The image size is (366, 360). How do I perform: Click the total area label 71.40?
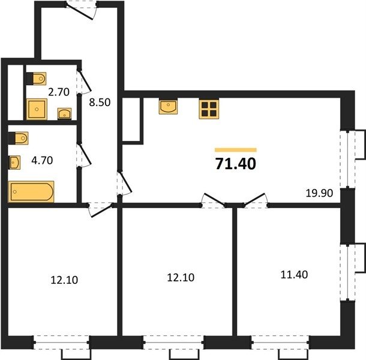click(x=236, y=164)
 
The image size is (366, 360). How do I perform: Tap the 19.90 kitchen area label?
click(x=319, y=193)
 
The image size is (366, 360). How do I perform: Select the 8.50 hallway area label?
click(x=100, y=102)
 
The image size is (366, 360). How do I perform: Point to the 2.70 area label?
click(x=59, y=92)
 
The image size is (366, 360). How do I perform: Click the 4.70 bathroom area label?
click(x=42, y=160)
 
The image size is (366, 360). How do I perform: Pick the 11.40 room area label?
click(x=294, y=275)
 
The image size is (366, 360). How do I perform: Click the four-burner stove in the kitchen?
click(x=209, y=109)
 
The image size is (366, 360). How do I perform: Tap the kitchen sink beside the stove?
click(x=168, y=107)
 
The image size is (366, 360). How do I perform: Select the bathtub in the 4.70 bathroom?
click(x=31, y=191)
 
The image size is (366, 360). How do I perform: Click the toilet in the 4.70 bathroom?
click(x=18, y=138)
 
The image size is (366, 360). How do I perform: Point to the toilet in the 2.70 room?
click(x=36, y=79)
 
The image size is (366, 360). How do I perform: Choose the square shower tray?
click(x=37, y=109)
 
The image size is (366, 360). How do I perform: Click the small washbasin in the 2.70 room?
click(x=64, y=113)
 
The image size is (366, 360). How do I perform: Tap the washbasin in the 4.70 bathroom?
click(x=15, y=162)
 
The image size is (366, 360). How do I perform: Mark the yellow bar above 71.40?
click(x=236, y=150)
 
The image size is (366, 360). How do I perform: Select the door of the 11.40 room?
click(x=256, y=200)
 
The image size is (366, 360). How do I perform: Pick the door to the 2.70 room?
click(x=84, y=81)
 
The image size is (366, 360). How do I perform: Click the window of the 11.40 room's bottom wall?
click(x=280, y=343)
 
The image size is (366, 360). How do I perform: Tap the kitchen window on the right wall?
click(x=347, y=159)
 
